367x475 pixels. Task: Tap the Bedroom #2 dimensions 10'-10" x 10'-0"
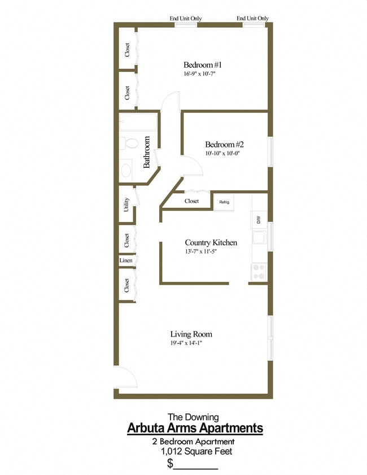click(224, 153)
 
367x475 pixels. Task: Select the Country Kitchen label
click(211, 243)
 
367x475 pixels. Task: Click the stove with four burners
click(259, 272)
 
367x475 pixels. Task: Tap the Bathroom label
click(147, 152)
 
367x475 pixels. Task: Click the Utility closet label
click(126, 204)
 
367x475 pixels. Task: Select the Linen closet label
click(126, 260)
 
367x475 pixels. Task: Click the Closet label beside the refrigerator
click(191, 201)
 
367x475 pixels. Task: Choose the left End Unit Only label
click(186, 19)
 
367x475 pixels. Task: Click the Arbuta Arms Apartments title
click(195, 428)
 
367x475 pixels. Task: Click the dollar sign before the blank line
click(170, 464)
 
